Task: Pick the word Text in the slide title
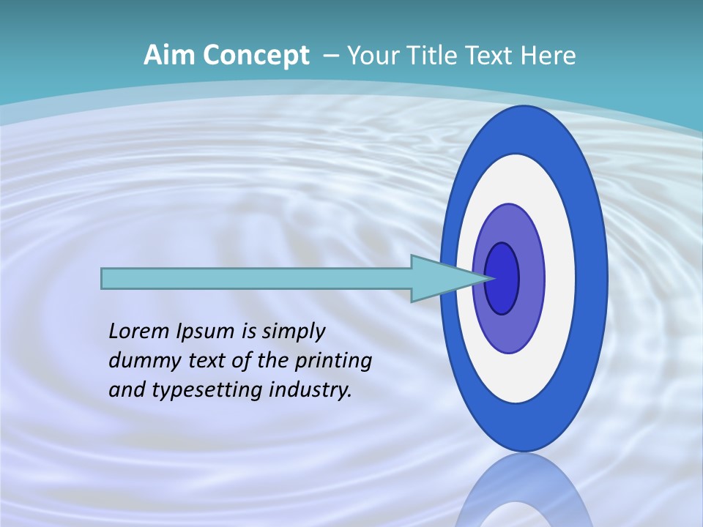(x=491, y=56)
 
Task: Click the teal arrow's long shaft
(x=256, y=278)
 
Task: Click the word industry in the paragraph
(x=311, y=389)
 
